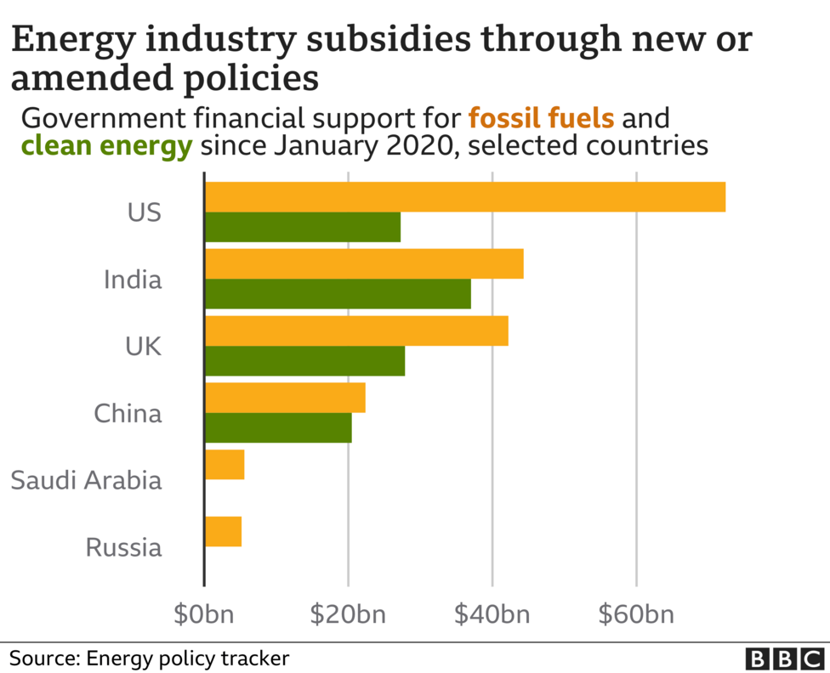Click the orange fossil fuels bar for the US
[465, 196]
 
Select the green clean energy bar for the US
[303, 228]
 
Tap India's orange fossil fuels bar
[364, 263]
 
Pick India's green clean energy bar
[338, 294]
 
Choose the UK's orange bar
[356, 331]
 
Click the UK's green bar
[305, 361]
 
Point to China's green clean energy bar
[278, 427]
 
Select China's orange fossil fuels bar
[285, 398]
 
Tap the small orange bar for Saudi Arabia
[225, 465]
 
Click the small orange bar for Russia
[223, 531]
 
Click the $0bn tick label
[205, 614]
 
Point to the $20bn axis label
[349, 614]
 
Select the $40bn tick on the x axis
[492, 614]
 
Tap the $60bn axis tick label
[636, 614]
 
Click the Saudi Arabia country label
[86, 480]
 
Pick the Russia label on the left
[123, 547]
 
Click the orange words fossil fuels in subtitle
[541, 116]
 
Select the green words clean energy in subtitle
[107, 146]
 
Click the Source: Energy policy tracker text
[150, 658]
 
